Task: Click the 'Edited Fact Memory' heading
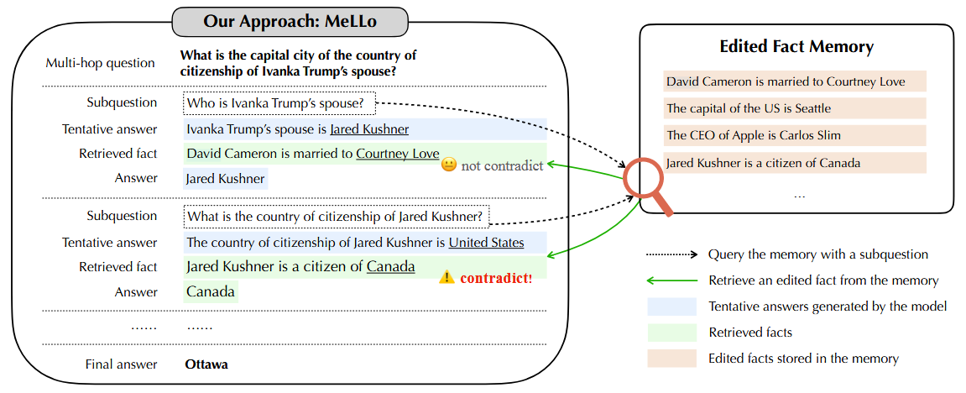click(x=796, y=47)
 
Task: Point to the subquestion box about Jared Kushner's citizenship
click(x=336, y=217)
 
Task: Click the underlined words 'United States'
click(x=486, y=243)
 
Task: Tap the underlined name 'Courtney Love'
click(x=397, y=154)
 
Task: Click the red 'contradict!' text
click(x=496, y=277)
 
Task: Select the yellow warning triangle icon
click(x=447, y=276)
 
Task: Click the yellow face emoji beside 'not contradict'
click(x=448, y=165)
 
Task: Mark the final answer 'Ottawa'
click(x=206, y=364)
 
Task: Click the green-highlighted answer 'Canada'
click(x=211, y=292)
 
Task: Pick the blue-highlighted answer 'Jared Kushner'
click(x=225, y=178)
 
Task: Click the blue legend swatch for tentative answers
click(x=671, y=307)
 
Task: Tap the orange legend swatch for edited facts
click(x=671, y=359)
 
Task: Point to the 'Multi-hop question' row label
click(x=101, y=63)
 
